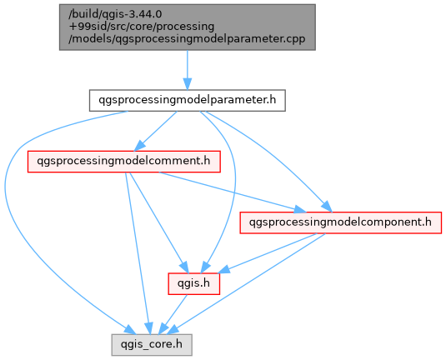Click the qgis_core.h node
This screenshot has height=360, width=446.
[x=152, y=345]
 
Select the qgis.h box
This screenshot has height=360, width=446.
[x=193, y=283]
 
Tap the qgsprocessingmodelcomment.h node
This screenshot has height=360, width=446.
[x=123, y=161]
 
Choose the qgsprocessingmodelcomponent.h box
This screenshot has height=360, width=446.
[x=340, y=222]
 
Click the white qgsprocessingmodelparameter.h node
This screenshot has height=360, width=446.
[x=188, y=100]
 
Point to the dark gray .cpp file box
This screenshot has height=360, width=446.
[x=188, y=27]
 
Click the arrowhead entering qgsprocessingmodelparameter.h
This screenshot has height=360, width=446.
[x=188, y=84]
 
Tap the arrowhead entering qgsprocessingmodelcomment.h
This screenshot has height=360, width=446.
[x=139, y=146]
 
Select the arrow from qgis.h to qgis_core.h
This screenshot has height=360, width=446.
[x=173, y=314]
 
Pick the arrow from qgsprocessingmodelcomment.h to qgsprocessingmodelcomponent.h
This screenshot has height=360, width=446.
[x=233, y=192]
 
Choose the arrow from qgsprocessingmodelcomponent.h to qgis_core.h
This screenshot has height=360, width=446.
[x=248, y=284]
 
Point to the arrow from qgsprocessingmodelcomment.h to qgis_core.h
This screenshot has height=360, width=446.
[x=137, y=253]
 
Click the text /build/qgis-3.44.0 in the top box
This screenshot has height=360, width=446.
[x=115, y=14]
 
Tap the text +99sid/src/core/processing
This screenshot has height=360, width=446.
[x=142, y=27]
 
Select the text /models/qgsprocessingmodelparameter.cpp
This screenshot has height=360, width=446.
[x=187, y=39]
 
